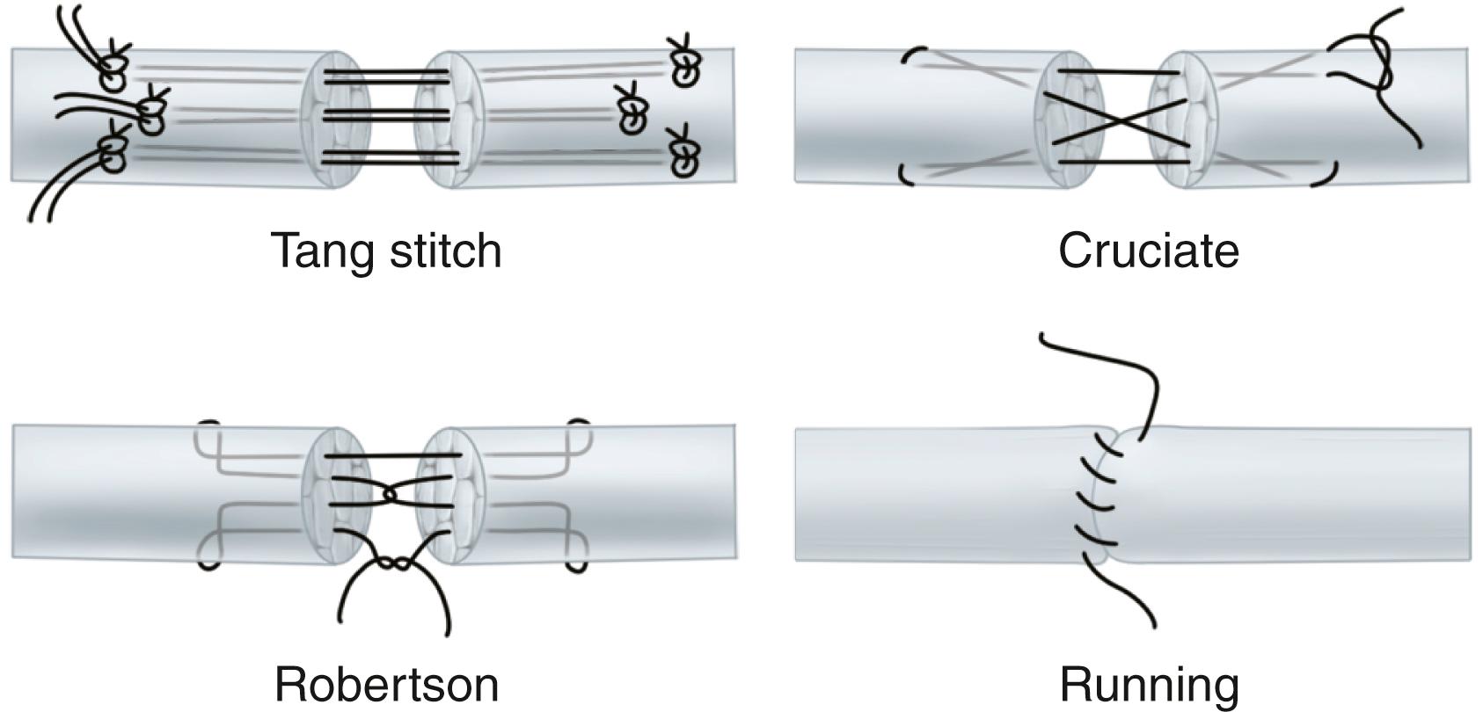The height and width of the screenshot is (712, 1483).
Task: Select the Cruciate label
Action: pyautogui.click(x=1148, y=251)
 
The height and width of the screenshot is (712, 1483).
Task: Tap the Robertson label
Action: pyautogui.click(x=386, y=684)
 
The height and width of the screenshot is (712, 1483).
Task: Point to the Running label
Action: pyautogui.click(x=1149, y=684)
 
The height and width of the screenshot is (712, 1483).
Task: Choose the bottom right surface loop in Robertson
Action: pyautogui.click(x=577, y=557)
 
